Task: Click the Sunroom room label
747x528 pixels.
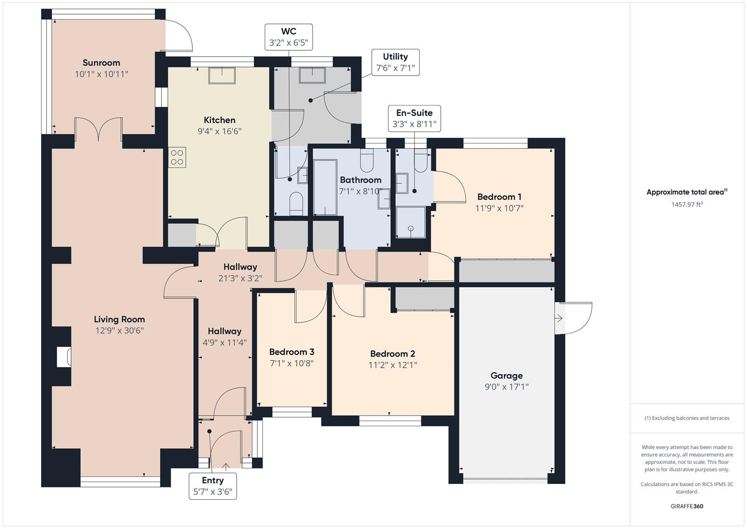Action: [x=101, y=63]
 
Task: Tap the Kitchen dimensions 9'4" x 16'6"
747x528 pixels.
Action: [x=220, y=131]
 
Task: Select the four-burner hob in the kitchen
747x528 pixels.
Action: [x=177, y=157]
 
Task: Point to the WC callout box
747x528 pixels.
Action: [x=289, y=37]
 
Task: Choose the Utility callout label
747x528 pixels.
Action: [x=395, y=62]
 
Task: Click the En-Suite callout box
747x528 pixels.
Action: [x=414, y=118]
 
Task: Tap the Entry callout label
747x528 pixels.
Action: [x=213, y=486]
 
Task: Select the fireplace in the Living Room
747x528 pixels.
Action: [x=64, y=357]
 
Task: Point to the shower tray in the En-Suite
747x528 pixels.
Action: [x=410, y=222]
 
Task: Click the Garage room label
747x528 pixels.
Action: [x=506, y=375]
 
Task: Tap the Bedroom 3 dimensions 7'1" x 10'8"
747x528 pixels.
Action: [x=292, y=363]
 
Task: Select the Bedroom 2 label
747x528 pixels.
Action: [x=392, y=353]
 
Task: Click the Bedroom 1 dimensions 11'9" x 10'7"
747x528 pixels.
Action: [x=499, y=208]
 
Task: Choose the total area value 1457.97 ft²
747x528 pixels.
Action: [x=687, y=205]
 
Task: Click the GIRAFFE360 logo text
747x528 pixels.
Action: [x=687, y=506]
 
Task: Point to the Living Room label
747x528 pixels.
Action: [x=119, y=319]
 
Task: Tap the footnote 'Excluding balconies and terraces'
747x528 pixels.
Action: [x=687, y=418]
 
